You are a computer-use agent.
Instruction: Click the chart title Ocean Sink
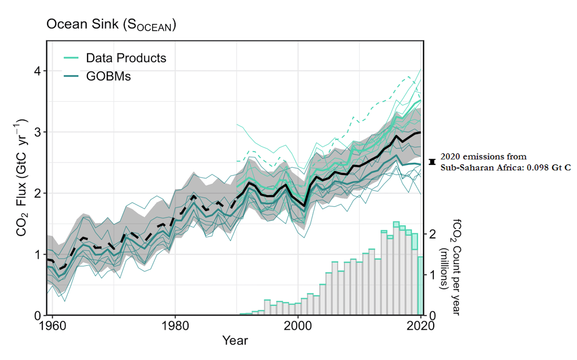tap(111, 25)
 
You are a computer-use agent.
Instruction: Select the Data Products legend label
tap(126, 58)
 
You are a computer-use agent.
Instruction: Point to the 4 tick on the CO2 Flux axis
tap(36, 71)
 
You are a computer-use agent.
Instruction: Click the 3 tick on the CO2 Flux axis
tap(36, 132)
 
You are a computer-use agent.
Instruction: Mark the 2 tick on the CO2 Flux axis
tap(36, 193)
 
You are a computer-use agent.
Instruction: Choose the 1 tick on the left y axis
tap(36, 254)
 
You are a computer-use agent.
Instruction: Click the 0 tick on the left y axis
tap(36, 316)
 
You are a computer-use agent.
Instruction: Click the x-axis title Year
tap(235, 341)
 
